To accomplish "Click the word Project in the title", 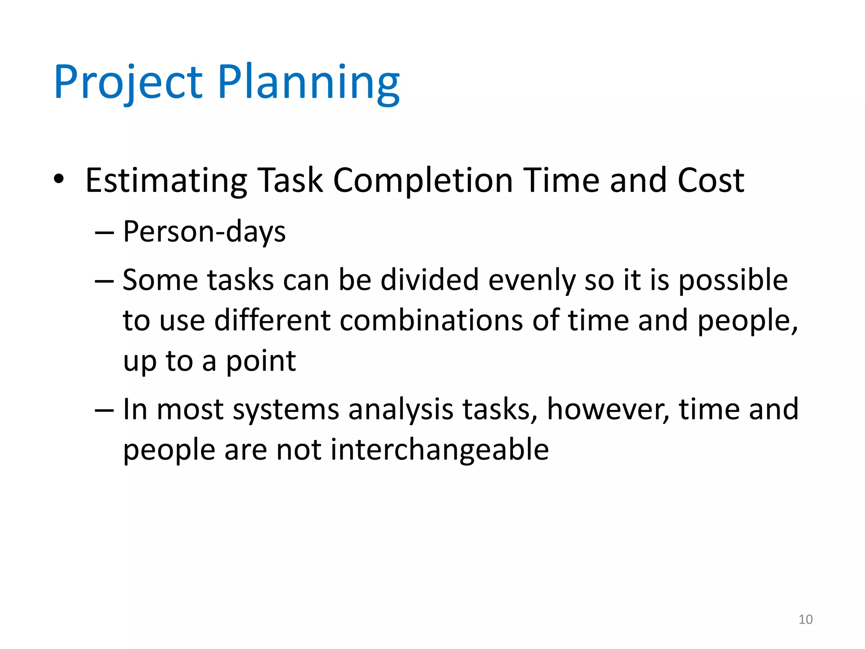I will click(x=128, y=82).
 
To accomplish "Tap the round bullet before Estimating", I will click(x=59, y=179).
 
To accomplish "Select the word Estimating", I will click(x=166, y=181).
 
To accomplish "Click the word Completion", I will click(x=423, y=181).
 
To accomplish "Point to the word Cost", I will click(x=711, y=181).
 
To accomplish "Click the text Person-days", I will click(x=204, y=232).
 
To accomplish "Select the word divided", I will click(x=429, y=280).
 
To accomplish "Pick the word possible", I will click(x=733, y=281).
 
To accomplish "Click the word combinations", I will click(x=431, y=320).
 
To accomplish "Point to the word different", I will click(x=273, y=320).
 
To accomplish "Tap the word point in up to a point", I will click(x=261, y=362).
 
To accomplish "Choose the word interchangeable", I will click(x=439, y=450).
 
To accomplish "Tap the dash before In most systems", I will click(x=104, y=410).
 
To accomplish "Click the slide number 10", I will click(x=805, y=619).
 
